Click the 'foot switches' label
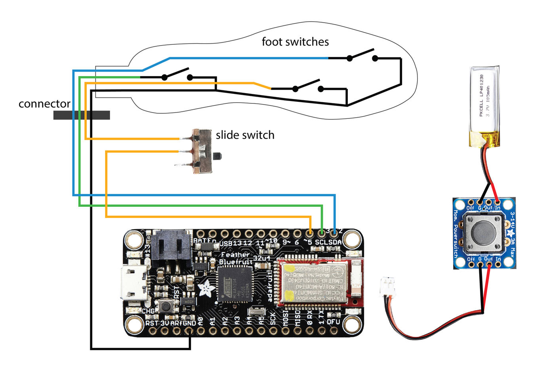(295, 42)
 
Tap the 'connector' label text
(44, 104)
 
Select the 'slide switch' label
(245, 135)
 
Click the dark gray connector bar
(82, 115)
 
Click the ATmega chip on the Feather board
(235, 284)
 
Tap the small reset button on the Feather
(166, 305)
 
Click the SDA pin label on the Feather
(335, 242)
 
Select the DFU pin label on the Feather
(334, 322)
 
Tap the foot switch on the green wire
(177, 74)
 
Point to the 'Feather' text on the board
(235, 255)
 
